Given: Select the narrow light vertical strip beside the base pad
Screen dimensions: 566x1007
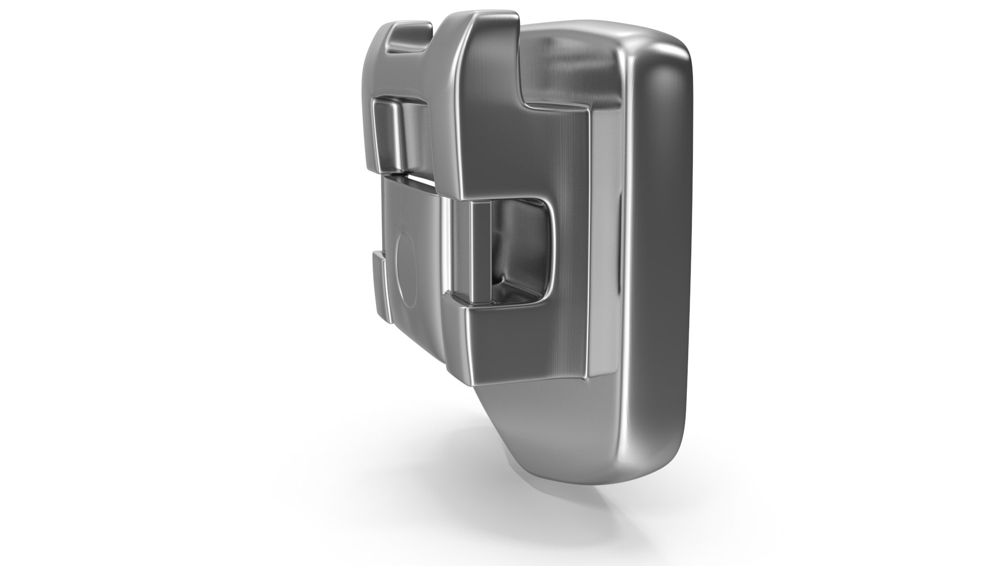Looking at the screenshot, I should [605, 236].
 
